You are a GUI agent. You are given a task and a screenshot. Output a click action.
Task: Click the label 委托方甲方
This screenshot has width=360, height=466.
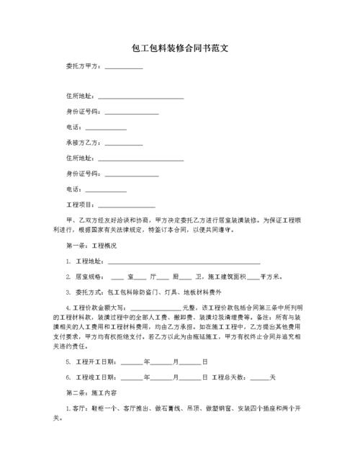pos(83,67)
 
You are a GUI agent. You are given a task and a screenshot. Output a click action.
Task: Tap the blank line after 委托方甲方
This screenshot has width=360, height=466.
pos(124,68)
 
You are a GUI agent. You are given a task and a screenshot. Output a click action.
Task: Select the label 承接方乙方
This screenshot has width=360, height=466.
pos(83,143)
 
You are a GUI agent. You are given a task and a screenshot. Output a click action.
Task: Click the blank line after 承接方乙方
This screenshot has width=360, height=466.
pos(124,143)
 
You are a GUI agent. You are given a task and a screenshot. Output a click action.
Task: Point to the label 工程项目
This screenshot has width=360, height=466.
pos(80,205)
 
